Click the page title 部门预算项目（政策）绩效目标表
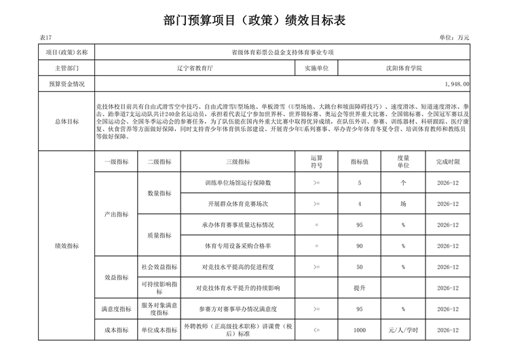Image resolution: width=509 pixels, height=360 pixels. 254,20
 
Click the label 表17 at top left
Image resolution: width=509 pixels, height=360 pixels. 45,38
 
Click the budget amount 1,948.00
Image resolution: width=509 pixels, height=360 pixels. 456,84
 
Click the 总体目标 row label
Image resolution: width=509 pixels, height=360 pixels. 67,122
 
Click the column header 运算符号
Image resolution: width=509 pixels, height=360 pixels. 316,162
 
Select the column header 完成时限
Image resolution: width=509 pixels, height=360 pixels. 448,162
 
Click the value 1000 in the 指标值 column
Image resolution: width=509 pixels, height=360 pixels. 359,330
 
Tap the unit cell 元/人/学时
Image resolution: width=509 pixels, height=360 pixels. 403,330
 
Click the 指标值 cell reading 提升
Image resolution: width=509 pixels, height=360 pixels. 359,288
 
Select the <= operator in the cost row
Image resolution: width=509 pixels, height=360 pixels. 316,330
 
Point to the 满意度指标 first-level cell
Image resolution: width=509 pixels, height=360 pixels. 115,309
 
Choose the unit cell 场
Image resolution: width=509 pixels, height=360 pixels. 403,204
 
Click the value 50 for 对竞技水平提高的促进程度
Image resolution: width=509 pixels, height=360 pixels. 359,267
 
